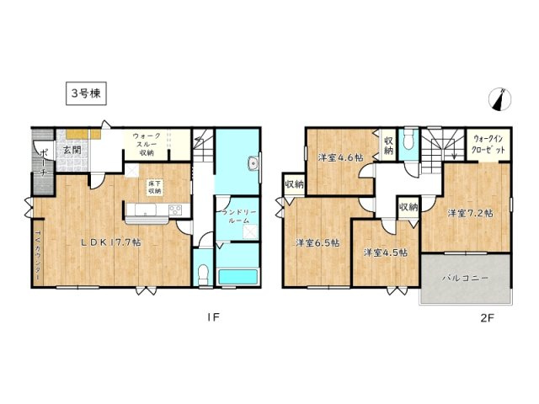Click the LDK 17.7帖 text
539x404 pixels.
point(110,242)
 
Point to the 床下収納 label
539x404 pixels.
point(155,186)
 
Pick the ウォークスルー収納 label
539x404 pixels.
point(148,144)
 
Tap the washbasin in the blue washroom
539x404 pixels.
point(252,164)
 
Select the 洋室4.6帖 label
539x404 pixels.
point(339,157)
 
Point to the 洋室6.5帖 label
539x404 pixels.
point(317,242)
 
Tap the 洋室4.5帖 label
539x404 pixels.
point(386,252)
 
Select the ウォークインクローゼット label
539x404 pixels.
point(489,144)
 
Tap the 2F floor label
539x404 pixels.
point(487,318)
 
